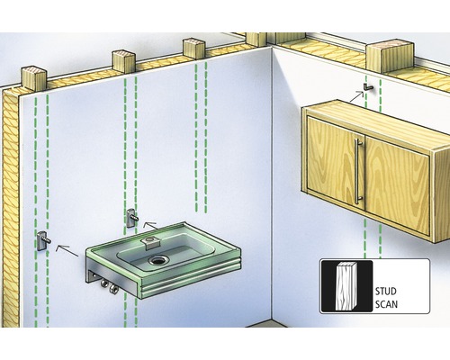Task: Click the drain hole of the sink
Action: [x=157, y=260]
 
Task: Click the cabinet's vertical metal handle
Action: [x=358, y=171]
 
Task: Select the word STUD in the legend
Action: [x=386, y=292]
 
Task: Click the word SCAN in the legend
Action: [x=386, y=304]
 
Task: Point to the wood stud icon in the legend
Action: [x=346, y=286]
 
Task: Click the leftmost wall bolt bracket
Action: [x=43, y=241]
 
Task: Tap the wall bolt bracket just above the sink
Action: [x=132, y=218]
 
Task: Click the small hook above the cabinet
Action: [x=368, y=87]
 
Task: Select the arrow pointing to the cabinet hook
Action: [x=357, y=96]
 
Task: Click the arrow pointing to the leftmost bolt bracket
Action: [x=67, y=250]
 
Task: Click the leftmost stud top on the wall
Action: [x=33, y=78]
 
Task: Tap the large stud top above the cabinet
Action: [x=390, y=57]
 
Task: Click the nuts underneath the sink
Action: [x=109, y=285]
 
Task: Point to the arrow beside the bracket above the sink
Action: [x=150, y=225]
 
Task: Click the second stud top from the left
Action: [x=123, y=61]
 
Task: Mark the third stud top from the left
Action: [x=193, y=48]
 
